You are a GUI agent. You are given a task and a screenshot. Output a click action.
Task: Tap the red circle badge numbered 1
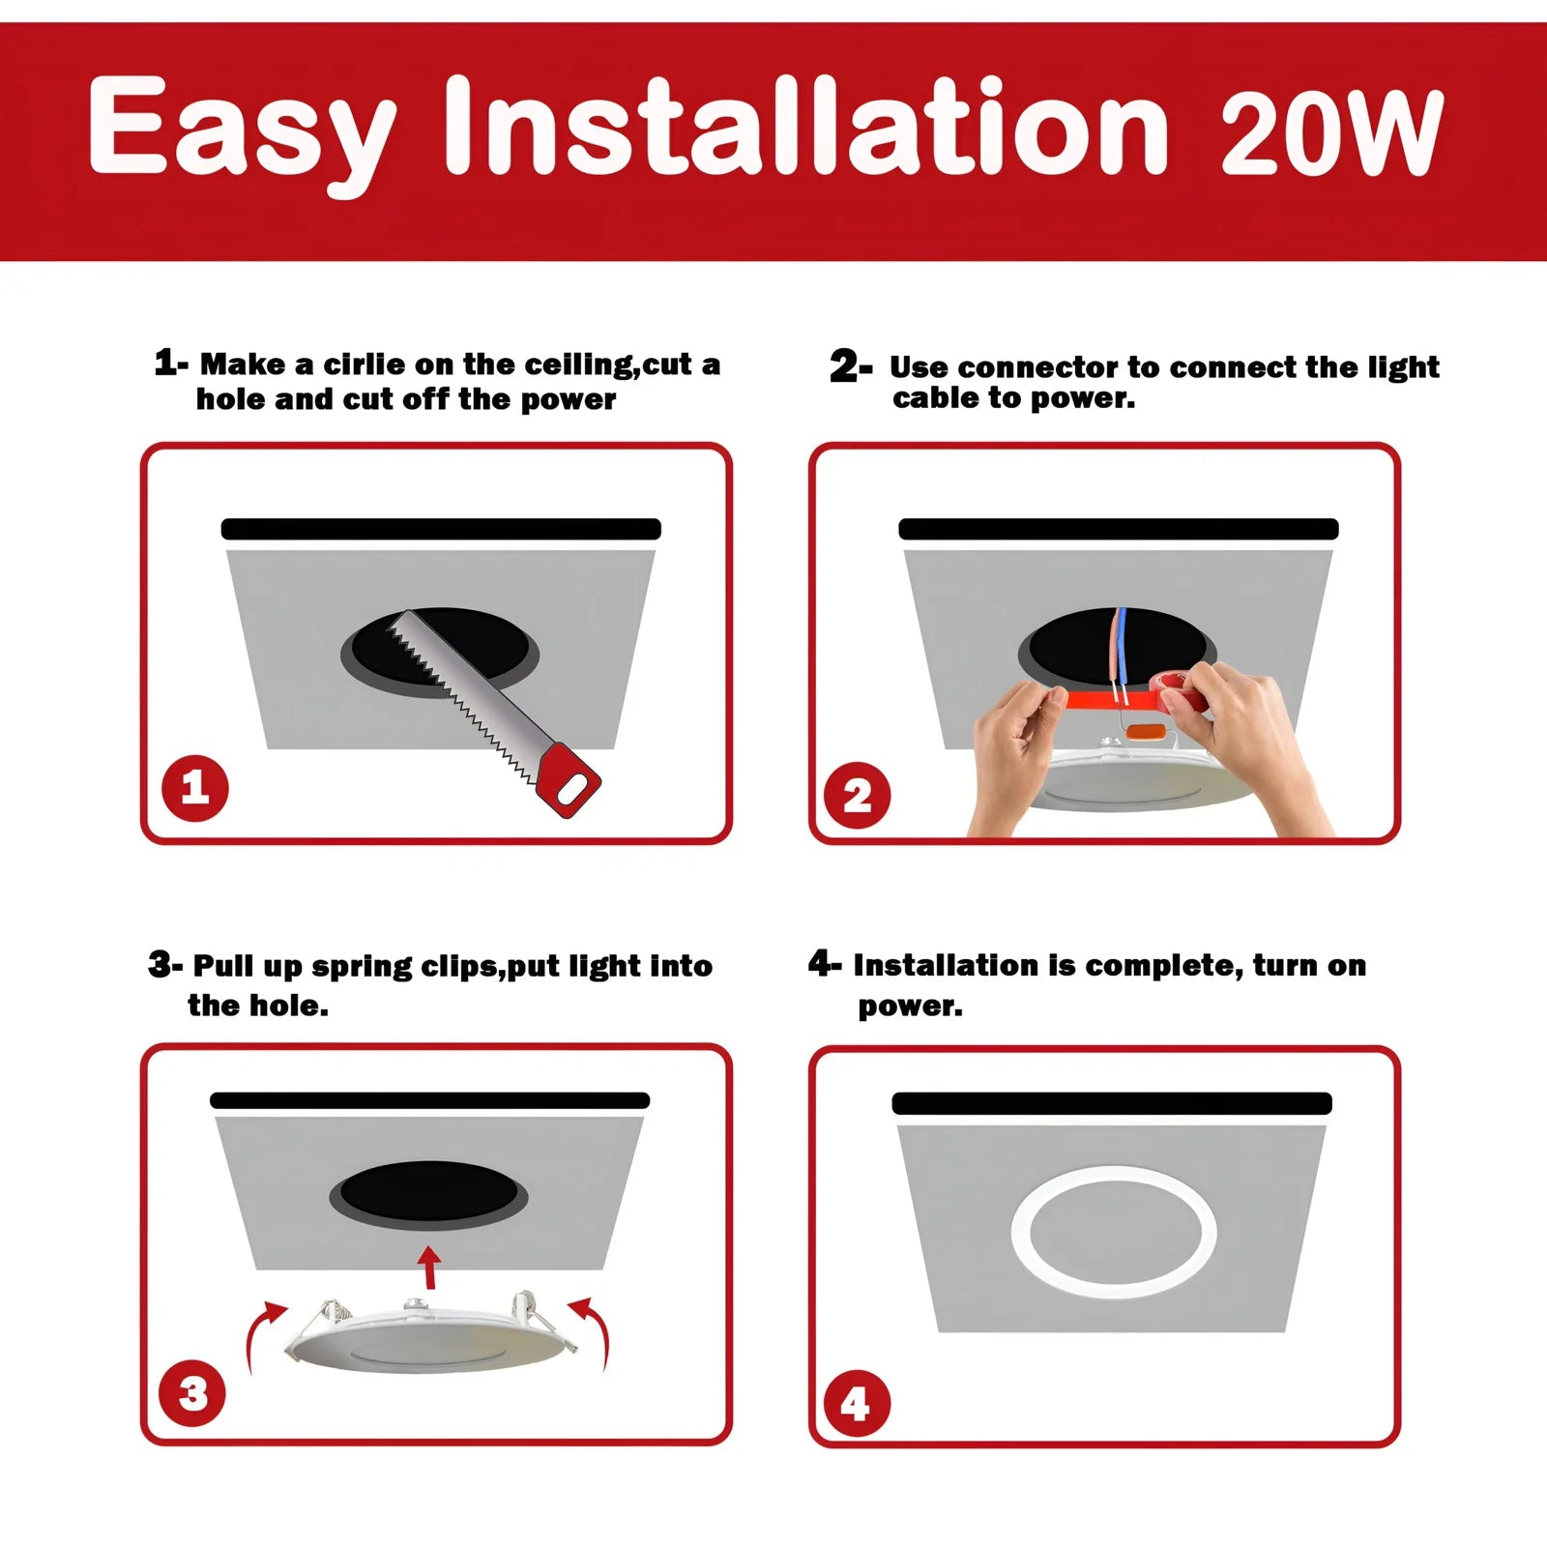[194, 788]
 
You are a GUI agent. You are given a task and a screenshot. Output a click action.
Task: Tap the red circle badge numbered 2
[857, 796]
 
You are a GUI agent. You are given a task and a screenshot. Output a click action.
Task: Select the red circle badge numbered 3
[192, 1393]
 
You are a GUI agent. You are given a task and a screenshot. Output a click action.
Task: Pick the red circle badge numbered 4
[855, 1403]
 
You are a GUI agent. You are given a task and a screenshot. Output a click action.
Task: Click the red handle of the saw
[569, 781]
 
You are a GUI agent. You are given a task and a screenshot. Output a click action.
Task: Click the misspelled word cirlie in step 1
[364, 365]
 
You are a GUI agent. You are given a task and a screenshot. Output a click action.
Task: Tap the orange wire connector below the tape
[1146, 732]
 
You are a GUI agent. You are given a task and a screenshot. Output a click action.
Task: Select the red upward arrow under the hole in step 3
[429, 1267]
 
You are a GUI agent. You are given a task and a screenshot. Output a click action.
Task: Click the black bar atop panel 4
[1112, 1103]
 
